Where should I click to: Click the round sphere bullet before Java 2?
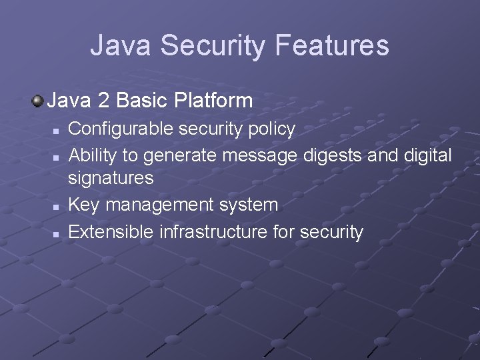pos(37,101)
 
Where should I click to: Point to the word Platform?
pos(213,101)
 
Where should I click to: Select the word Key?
pos(83,205)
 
